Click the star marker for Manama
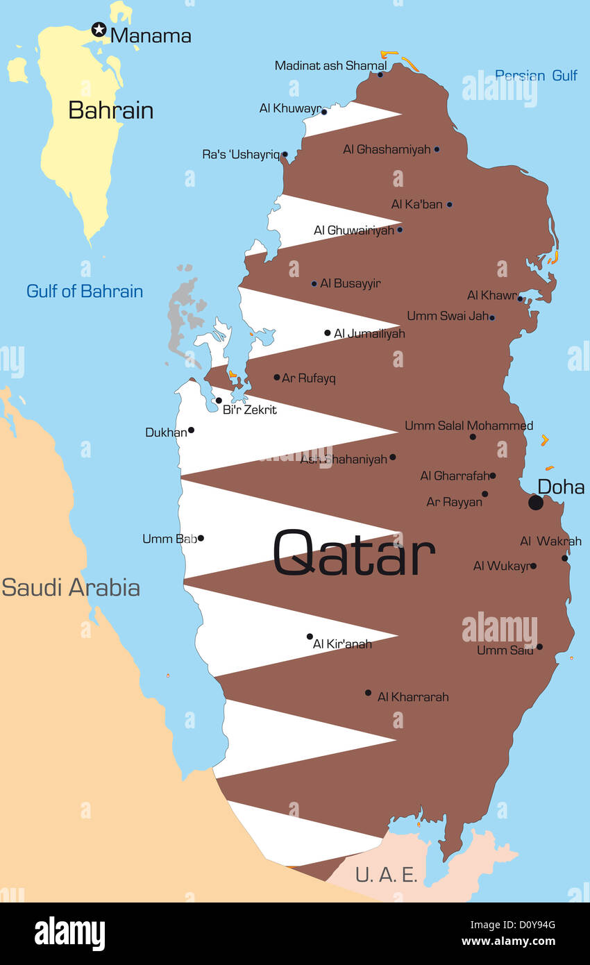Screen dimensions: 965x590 [x=99, y=29]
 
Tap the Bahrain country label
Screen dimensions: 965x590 [x=111, y=110]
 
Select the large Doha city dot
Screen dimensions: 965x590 [x=535, y=502]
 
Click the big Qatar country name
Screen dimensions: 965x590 [x=354, y=553]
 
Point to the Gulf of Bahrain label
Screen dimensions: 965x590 [x=85, y=291]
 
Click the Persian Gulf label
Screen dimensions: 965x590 [x=536, y=75]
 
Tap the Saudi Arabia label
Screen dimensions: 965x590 [x=71, y=587]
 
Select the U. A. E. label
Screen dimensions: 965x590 [x=387, y=875]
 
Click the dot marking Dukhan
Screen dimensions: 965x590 [x=191, y=430]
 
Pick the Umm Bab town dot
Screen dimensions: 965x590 [x=201, y=538]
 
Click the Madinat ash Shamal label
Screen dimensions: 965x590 [x=330, y=65]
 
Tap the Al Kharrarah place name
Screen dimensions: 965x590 [x=413, y=696]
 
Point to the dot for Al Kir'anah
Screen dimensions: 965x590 [x=310, y=636]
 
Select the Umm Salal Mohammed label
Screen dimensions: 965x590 [x=469, y=426]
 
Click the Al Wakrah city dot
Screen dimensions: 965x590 [x=565, y=557]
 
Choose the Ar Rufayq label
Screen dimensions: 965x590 [x=309, y=378]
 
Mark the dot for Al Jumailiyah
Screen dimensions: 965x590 [x=328, y=333]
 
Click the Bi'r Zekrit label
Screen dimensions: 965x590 [x=250, y=410]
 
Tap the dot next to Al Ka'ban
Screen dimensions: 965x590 [x=449, y=205]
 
